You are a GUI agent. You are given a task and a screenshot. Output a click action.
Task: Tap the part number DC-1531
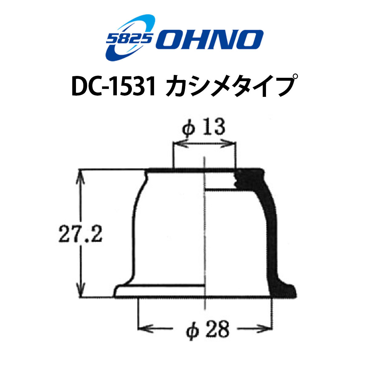113,86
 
